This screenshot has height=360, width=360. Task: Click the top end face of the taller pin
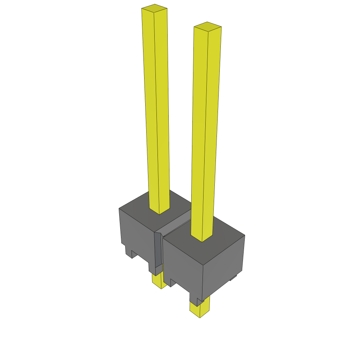154,8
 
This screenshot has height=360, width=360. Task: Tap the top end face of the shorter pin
207,26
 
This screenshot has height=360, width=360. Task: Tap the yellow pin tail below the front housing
200,309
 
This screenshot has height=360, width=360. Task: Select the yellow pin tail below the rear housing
158,281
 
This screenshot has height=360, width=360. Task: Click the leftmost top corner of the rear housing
119,208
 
